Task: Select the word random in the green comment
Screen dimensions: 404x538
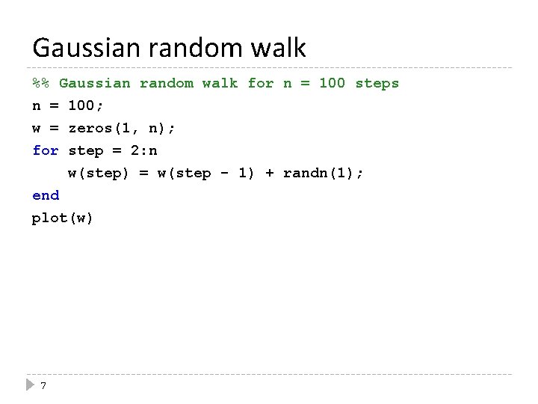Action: click(167, 83)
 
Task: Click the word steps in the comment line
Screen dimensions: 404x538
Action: click(377, 83)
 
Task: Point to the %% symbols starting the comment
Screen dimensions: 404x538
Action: click(41, 83)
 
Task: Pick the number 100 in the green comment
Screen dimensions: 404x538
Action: click(332, 83)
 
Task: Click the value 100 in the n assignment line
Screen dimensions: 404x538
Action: click(81, 105)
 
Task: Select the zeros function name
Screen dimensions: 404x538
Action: click(90, 128)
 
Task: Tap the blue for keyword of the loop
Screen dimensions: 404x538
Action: click(45, 150)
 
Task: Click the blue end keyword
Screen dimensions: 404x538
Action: click(45, 195)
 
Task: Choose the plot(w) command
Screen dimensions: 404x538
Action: click(63, 218)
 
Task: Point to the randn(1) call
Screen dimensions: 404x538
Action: click(318, 173)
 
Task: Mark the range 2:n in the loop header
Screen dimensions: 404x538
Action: click(144, 150)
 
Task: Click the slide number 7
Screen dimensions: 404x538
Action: click(43, 386)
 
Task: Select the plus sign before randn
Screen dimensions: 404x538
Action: click(269, 173)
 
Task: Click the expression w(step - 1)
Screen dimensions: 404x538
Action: click(206, 173)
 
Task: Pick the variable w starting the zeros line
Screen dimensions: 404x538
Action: click(37, 128)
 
